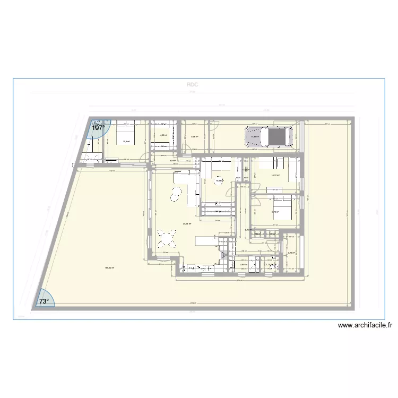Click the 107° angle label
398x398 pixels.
click(98, 128)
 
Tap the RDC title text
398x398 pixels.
click(192, 84)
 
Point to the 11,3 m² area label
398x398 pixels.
click(126, 142)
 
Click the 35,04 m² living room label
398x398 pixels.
click(187, 224)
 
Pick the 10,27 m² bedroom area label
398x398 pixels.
click(275, 176)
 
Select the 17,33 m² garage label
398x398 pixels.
click(254, 136)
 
